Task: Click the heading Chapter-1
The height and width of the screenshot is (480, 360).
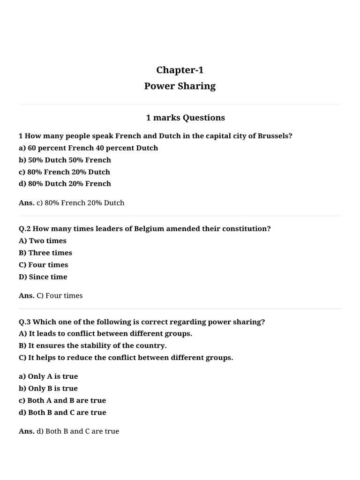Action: coord(180,70)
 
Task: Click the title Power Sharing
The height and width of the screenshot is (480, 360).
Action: coord(180,86)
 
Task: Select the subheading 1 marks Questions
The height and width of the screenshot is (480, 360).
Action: coord(185,118)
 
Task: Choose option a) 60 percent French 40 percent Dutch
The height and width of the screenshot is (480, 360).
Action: coord(88,148)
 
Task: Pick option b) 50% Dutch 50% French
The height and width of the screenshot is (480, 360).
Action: coord(65,160)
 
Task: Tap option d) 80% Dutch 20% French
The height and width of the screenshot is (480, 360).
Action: coord(65,184)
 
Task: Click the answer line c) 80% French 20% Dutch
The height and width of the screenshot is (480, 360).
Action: coord(80,203)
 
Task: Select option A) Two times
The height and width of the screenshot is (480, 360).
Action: coord(43,241)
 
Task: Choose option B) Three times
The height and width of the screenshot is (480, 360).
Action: coord(45,253)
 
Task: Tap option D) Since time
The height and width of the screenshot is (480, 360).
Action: coord(43,277)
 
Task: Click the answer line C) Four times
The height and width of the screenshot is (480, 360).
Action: coord(59,296)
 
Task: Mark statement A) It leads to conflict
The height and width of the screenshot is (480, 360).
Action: coord(105,334)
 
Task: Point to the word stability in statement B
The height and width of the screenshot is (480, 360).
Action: coord(102,346)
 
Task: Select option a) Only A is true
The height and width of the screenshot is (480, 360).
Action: coord(48,376)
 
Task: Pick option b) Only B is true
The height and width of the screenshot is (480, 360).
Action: coord(48,389)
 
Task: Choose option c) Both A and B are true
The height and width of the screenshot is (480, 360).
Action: coord(62,400)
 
